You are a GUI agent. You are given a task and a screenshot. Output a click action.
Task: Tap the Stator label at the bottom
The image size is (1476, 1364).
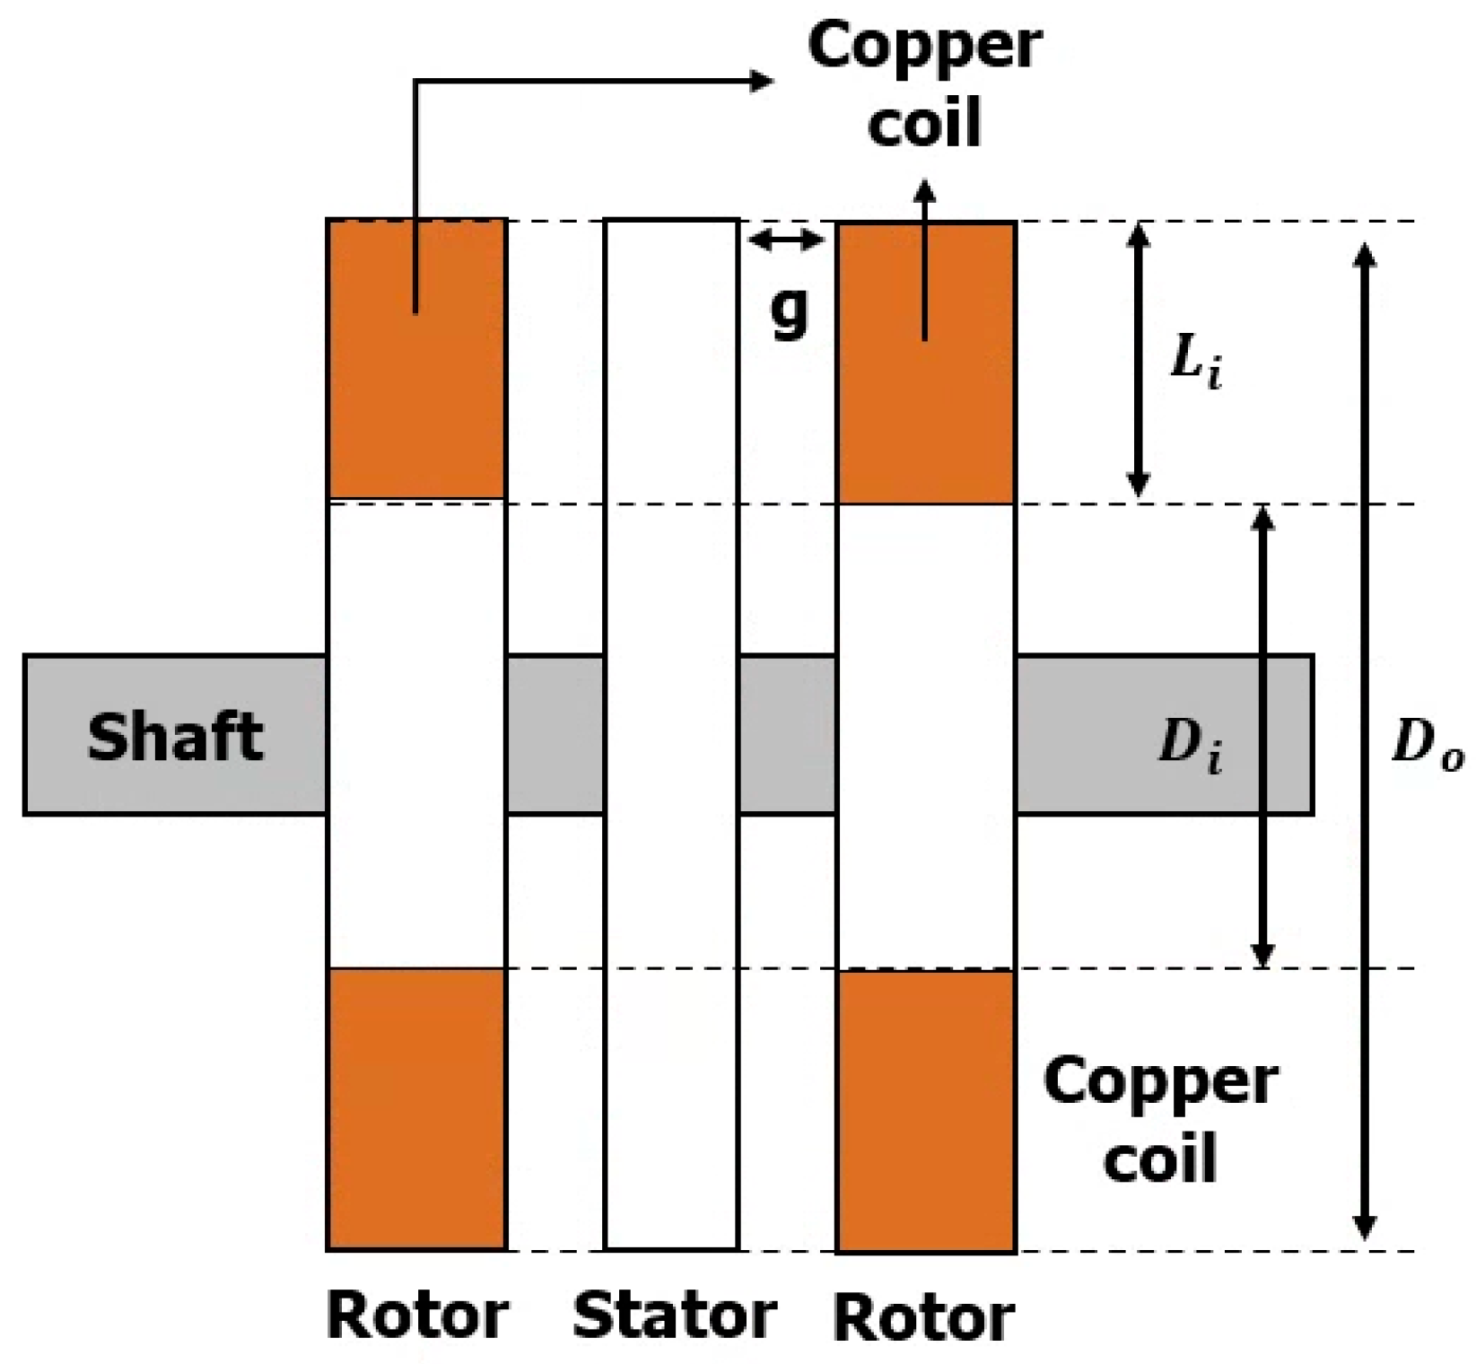[674, 1316]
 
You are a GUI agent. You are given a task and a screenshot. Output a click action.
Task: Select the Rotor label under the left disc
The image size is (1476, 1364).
[417, 1316]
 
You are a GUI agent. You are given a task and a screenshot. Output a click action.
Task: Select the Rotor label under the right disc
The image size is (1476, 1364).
[924, 1317]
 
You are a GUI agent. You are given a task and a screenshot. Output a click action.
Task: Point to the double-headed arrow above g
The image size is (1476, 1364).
[785, 240]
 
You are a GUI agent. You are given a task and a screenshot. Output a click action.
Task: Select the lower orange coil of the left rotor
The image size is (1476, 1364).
[417, 1108]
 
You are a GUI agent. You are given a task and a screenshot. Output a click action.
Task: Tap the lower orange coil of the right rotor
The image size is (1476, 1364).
[925, 1110]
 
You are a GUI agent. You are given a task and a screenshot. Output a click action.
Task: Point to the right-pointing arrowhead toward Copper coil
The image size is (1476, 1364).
[763, 82]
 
